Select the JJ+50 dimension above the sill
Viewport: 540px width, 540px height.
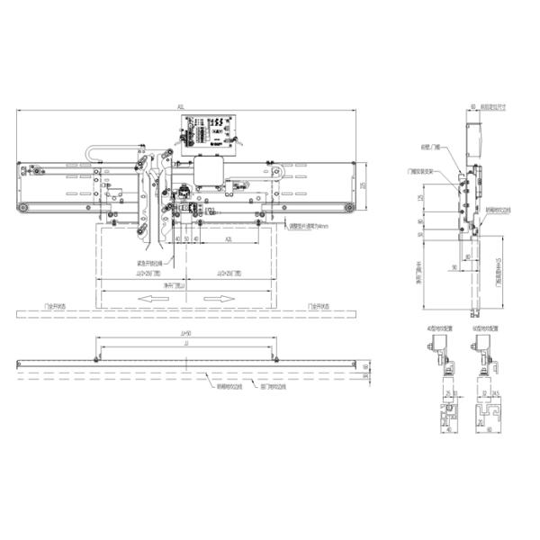[186, 334]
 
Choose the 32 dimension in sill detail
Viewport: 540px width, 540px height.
[483, 393]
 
